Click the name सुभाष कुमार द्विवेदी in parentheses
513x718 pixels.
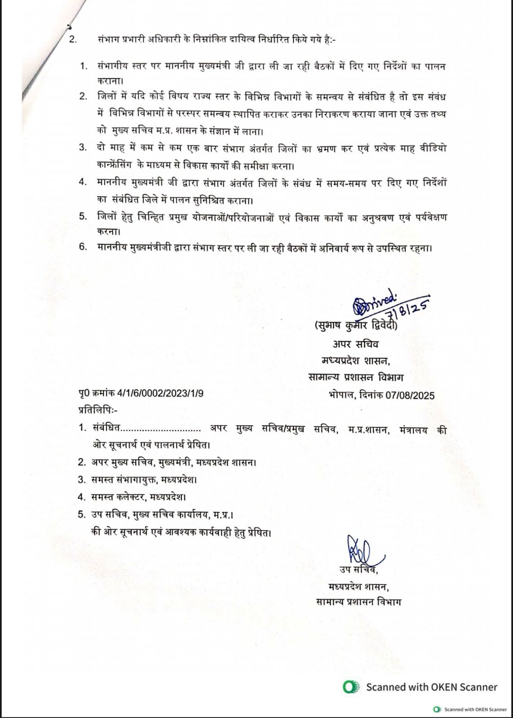(356, 327)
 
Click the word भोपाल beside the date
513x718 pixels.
(342, 395)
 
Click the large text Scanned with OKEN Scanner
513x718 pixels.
(432, 687)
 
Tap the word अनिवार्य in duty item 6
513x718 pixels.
(311, 247)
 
